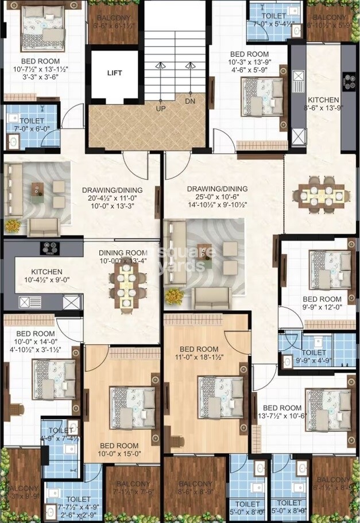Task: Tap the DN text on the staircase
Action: (x=189, y=102)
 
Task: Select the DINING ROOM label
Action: (x=123, y=252)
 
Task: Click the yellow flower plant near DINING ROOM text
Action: (x=174, y=296)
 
